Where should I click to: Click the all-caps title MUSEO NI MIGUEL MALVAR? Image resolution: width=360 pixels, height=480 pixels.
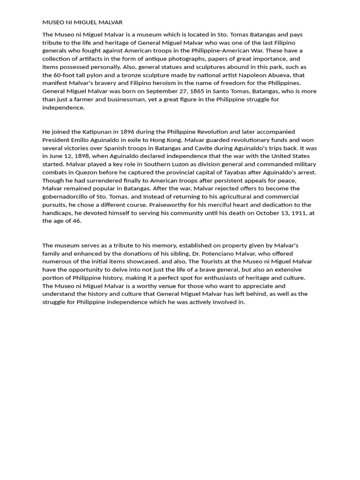82,22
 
